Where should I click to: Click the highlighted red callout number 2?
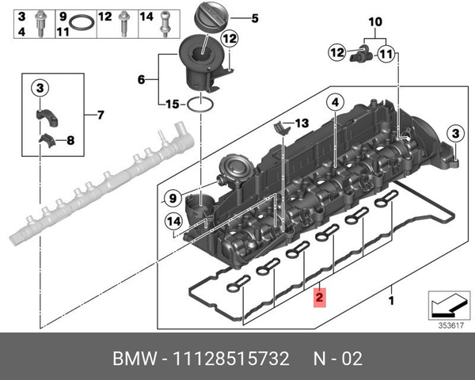click(x=318, y=298)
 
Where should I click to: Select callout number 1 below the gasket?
click(x=390, y=301)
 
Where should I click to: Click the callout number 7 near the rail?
click(x=99, y=116)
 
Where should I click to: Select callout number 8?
click(x=70, y=141)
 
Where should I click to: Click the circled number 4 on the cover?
click(x=335, y=101)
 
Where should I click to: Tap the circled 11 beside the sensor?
click(x=385, y=54)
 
